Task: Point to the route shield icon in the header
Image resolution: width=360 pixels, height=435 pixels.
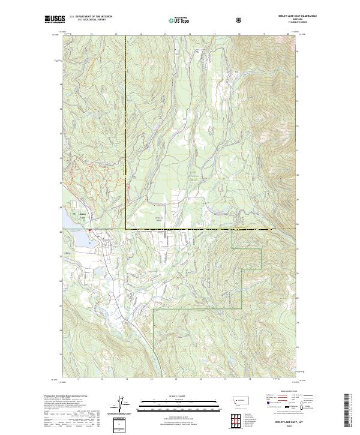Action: tap(239, 20)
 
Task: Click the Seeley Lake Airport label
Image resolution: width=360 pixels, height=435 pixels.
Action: tap(160, 220)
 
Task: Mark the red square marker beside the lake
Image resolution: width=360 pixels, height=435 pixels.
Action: tap(89, 230)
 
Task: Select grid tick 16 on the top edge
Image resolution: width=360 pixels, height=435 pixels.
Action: tap(190, 34)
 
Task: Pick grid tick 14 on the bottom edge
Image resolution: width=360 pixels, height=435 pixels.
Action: tap(152, 380)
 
